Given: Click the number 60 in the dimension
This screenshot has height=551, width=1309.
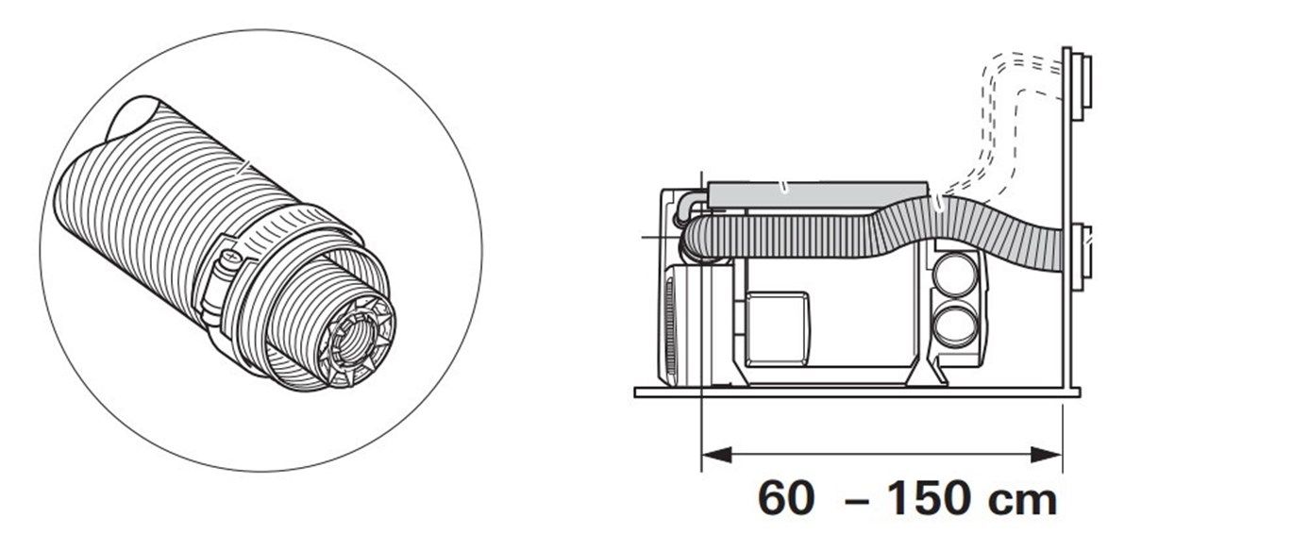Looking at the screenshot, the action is tap(785, 498).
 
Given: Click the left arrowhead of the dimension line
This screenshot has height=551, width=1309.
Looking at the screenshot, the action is tap(716, 455).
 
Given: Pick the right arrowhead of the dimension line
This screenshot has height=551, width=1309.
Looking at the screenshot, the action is tap(1047, 455).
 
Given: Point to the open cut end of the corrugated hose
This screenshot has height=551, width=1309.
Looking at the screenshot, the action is tap(132, 121).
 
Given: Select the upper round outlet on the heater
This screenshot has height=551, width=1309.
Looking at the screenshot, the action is tap(954, 274).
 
